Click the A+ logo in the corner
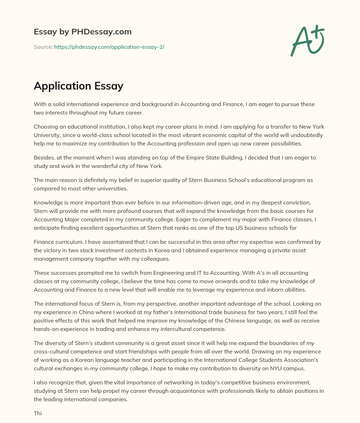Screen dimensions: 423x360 click(307, 40)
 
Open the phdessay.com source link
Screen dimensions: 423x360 click(109, 47)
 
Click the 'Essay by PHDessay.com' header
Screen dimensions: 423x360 click(83, 32)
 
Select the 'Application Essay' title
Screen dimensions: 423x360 click(78, 86)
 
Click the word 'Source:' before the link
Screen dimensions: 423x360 click(43, 47)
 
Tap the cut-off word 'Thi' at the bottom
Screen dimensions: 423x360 click(38, 413)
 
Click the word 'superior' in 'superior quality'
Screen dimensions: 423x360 click(152, 180)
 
